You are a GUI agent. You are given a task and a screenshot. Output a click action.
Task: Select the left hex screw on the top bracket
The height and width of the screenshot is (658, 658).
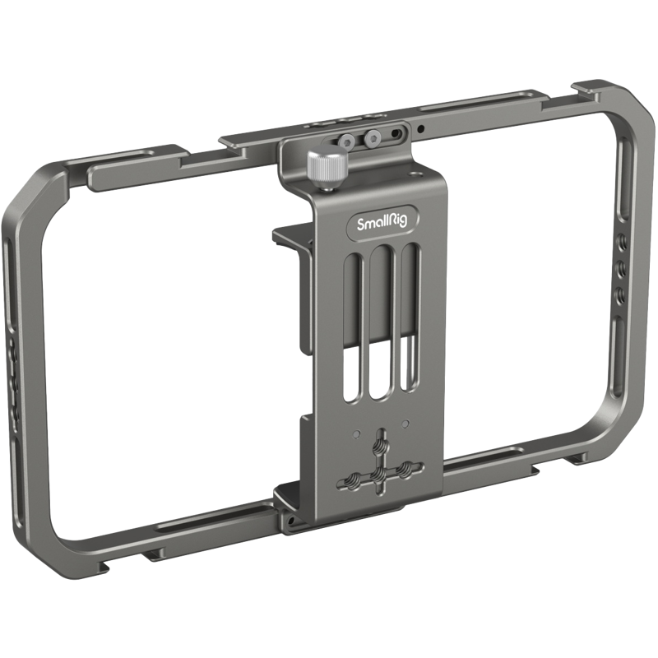pos(349,141)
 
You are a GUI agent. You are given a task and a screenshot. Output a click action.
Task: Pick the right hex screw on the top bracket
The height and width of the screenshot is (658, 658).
pos(373,138)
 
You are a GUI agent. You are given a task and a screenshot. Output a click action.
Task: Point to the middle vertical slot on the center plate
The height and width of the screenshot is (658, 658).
pos(379,325)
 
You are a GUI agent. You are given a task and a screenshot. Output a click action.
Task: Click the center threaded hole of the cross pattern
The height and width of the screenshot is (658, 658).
pos(381,475)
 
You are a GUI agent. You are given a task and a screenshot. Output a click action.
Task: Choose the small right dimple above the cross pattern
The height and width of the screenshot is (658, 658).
pos(405,424)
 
